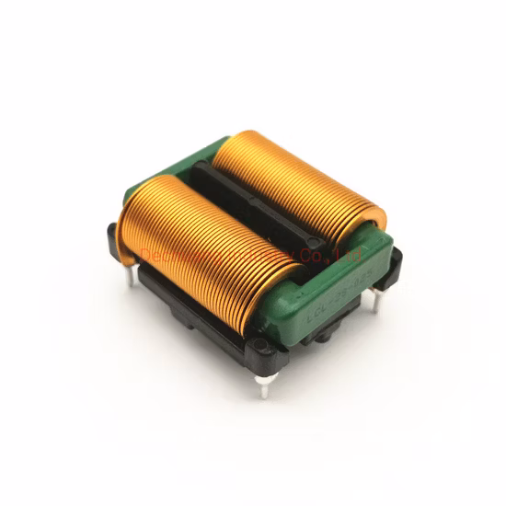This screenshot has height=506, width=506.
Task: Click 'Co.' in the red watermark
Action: pyautogui.click(x=326, y=253)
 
